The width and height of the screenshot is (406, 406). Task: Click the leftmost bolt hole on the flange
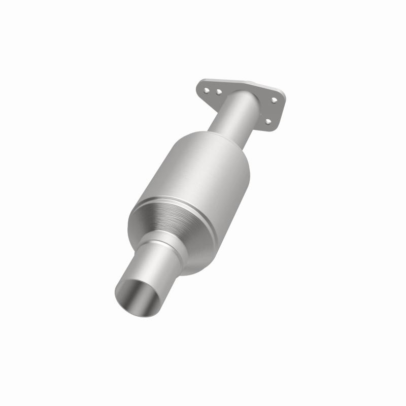pos(208,90)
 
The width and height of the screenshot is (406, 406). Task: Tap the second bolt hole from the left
pos(218,92)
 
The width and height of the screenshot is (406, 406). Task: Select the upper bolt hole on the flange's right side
pos(275,100)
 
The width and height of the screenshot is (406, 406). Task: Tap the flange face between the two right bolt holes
pos(272,111)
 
